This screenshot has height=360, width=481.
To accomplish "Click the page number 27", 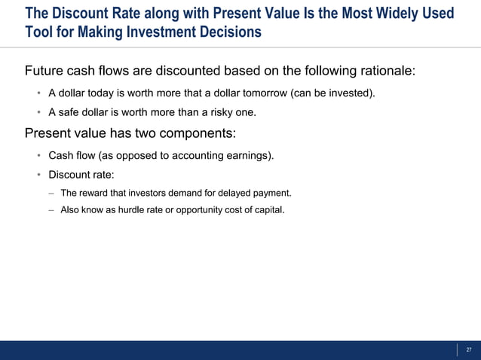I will pos(469,349).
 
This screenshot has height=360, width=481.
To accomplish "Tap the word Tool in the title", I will pos(38,32).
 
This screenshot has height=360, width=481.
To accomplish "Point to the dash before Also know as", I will pos(51,209).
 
